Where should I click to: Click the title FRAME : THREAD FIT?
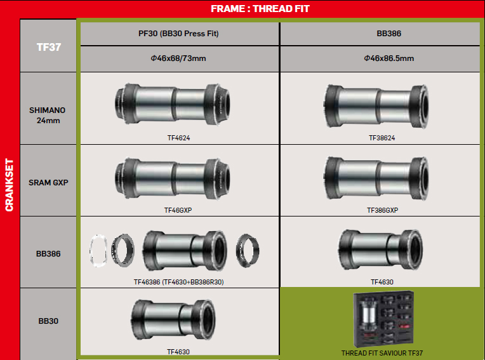260,9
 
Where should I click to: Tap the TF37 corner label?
48,47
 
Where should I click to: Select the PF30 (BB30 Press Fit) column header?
178,34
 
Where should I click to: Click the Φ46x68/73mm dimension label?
178,58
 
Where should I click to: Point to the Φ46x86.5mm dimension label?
389,58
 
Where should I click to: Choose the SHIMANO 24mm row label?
48,116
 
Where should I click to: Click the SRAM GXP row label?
48,182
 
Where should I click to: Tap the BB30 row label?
48,321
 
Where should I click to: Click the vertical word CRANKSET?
10,185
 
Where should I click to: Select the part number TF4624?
178,138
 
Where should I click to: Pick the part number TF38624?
382,138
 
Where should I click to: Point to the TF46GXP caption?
178,210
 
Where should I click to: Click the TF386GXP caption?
382,210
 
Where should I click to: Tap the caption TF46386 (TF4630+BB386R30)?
179,282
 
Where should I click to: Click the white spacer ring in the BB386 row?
98,251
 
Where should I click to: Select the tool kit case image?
383,319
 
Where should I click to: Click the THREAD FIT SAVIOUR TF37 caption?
382,353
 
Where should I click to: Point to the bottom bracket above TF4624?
172,104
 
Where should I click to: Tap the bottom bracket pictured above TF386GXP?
376,178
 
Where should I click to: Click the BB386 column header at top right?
389,34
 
